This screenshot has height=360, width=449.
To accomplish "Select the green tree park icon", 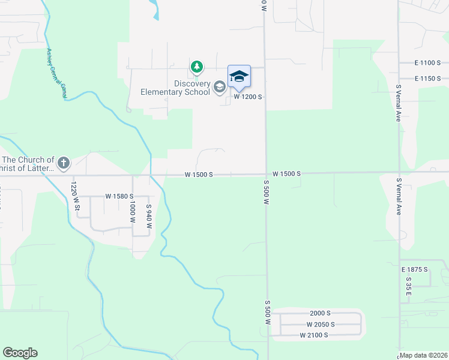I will point(196,67).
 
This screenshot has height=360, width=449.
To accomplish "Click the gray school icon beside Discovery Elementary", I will point(220,88).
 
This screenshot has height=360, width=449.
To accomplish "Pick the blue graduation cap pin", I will point(239,76).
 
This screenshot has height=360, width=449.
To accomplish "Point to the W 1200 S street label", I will point(249,96).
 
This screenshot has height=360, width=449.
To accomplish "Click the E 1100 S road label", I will point(427,62).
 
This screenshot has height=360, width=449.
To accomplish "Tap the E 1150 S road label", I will point(427,79).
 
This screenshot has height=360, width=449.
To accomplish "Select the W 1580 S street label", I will point(119,196).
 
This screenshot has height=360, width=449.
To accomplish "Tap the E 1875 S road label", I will point(416,270).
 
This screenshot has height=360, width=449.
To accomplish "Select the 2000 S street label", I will point(321,313).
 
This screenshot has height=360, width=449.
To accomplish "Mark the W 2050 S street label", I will point(320,324).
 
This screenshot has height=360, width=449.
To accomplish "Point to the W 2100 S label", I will point(314,335).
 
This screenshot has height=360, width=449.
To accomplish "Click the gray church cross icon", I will point(64,162).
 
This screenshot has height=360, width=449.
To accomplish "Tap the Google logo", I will point(20,353).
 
